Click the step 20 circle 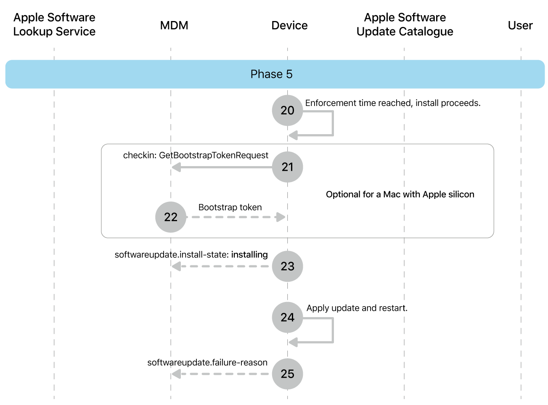point(287,110)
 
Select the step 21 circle point(287,167)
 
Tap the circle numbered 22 point(171,217)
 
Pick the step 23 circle point(287,266)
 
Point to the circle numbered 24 point(287,317)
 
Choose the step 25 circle point(287,374)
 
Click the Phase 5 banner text point(271,74)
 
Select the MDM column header point(174,26)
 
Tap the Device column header point(289,26)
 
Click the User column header point(520,26)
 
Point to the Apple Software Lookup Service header point(54,24)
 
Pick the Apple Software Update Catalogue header point(405,24)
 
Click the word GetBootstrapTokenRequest point(214,156)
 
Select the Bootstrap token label point(230,207)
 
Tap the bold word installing point(249,255)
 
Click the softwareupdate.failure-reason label point(207,363)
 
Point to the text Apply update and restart point(357,308)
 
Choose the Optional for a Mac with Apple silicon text point(400,194)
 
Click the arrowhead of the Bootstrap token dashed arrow point(281,217)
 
